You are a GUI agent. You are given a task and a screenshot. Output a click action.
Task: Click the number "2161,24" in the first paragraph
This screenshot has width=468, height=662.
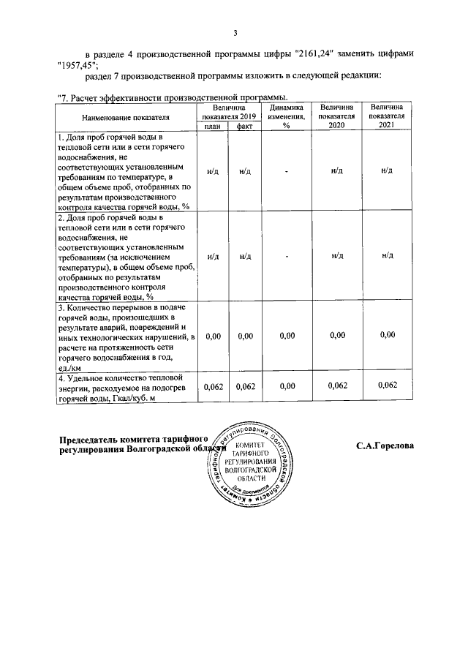(310, 54)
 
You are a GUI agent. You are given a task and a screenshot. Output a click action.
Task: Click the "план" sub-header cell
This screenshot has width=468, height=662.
(212, 126)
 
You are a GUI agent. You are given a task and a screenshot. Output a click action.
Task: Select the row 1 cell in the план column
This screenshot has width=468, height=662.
(212, 171)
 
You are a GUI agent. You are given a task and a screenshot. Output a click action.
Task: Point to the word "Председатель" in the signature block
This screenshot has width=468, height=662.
(94, 439)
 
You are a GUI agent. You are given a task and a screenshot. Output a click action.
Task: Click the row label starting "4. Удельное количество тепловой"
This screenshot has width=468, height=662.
(125, 379)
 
